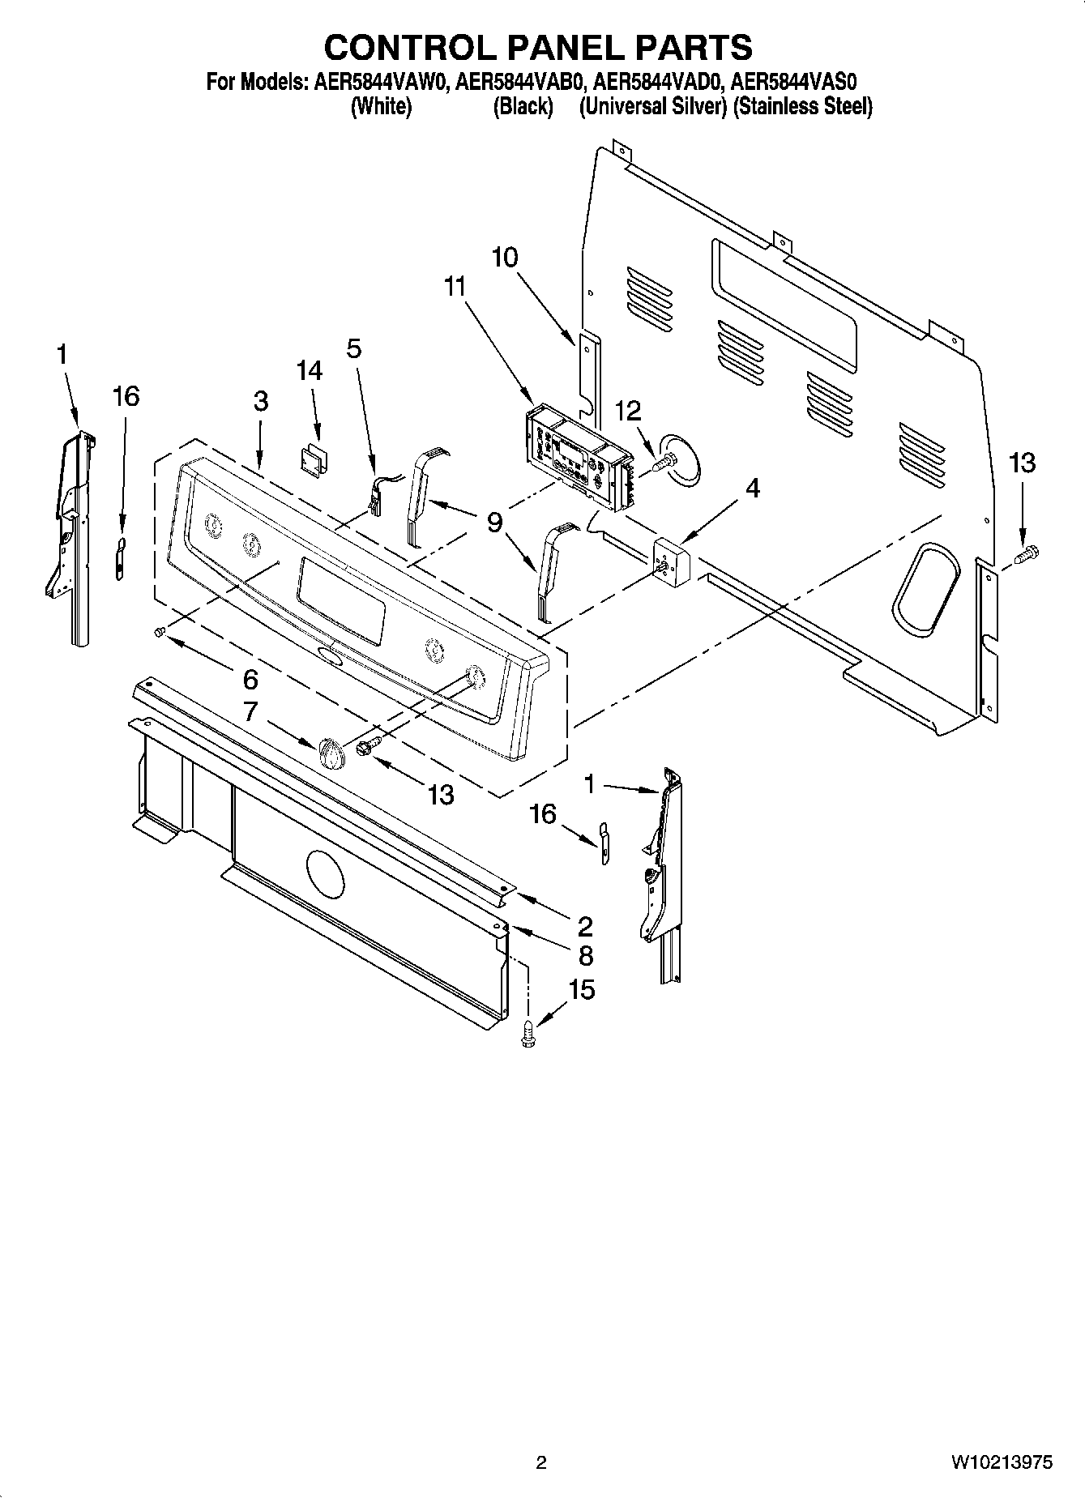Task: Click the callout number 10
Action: [504, 258]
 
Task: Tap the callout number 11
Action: [456, 286]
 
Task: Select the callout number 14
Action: [310, 370]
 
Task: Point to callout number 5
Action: [354, 348]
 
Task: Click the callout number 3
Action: [260, 401]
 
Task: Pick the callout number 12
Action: [629, 411]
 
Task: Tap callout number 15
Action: [582, 989]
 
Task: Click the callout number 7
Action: [251, 711]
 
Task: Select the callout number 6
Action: [250, 679]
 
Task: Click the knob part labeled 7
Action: [331, 753]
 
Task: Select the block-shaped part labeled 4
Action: [669, 559]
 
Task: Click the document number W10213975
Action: [1002, 1462]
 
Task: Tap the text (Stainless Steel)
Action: [802, 106]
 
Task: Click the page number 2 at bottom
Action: [541, 1462]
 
